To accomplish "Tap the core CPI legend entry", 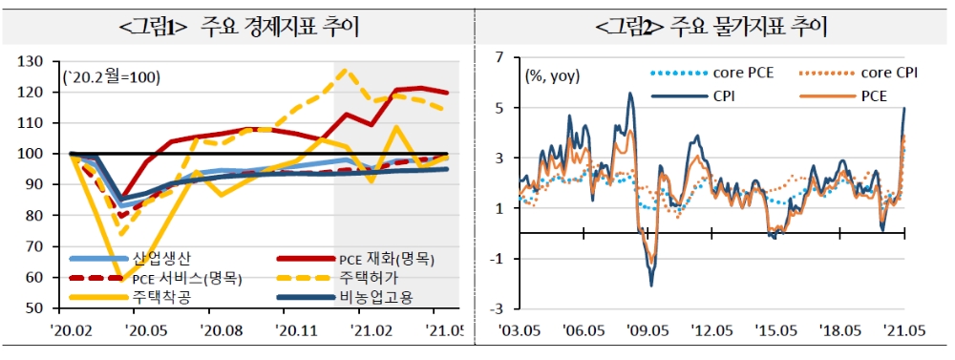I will point(887,72).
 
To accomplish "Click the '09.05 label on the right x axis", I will point(647,330).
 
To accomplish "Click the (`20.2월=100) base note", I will point(111,75).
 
